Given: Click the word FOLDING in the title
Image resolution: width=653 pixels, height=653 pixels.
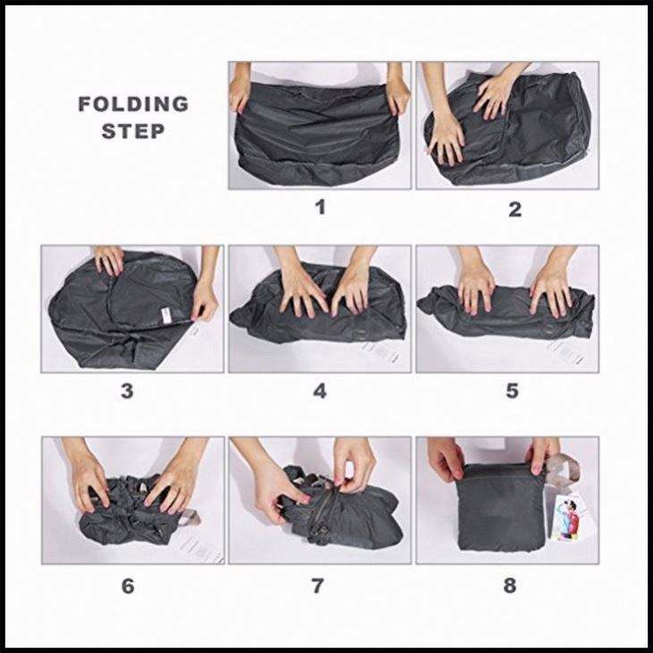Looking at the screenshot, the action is click(133, 104).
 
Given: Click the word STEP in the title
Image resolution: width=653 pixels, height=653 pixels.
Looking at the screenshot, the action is click(133, 131).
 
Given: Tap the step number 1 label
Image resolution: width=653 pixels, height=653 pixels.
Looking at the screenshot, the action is click(320, 207).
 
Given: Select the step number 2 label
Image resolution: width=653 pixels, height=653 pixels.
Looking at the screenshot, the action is click(514, 209).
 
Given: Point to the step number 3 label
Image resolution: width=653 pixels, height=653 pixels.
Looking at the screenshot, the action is click(127, 391).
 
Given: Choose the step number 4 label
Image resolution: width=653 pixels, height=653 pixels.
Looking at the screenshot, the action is click(319, 391).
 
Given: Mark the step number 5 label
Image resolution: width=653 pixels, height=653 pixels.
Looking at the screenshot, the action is click(512, 391).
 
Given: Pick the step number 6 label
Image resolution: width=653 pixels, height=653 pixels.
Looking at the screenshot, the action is click(128, 586).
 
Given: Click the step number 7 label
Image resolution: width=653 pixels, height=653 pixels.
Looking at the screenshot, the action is click(318, 586).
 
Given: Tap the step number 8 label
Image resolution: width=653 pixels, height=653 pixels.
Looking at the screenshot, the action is click(510, 585).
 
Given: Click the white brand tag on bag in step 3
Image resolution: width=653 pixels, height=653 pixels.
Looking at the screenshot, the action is click(166, 316).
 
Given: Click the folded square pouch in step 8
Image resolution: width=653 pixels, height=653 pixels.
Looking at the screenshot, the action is click(501, 507).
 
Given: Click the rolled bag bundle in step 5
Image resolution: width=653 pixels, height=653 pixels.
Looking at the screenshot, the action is click(506, 310).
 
